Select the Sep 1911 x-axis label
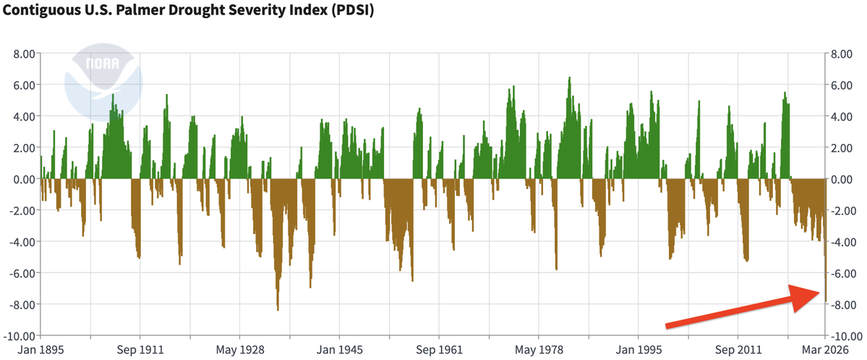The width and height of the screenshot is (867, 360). pos(139,348)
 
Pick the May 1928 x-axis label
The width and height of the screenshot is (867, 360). pos(239,348)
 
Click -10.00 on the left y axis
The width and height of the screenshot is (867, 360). pos(21,335)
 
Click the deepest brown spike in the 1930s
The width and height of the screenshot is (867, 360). pos(278,307)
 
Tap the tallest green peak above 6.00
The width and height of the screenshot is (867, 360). pos(570,79)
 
